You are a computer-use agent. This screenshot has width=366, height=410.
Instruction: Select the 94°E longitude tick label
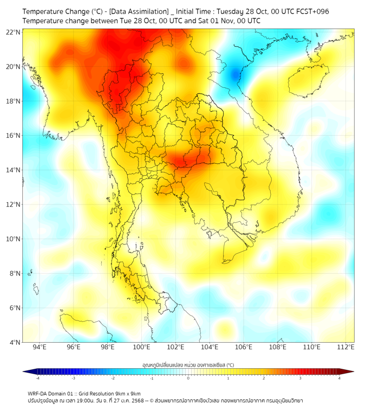point(40,348)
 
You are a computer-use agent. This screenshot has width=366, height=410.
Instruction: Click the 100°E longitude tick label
point(141,348)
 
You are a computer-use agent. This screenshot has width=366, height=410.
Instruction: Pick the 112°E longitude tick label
point(345,348)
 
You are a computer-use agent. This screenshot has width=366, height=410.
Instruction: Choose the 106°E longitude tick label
point(244,348)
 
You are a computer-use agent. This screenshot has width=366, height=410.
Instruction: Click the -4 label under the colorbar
point(37,378)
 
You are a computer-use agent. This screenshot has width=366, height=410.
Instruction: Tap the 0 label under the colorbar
point(188,378)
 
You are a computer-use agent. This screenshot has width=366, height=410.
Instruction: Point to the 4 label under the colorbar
point(339,378)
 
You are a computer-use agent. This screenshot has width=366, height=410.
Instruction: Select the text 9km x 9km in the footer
point(126,393)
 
